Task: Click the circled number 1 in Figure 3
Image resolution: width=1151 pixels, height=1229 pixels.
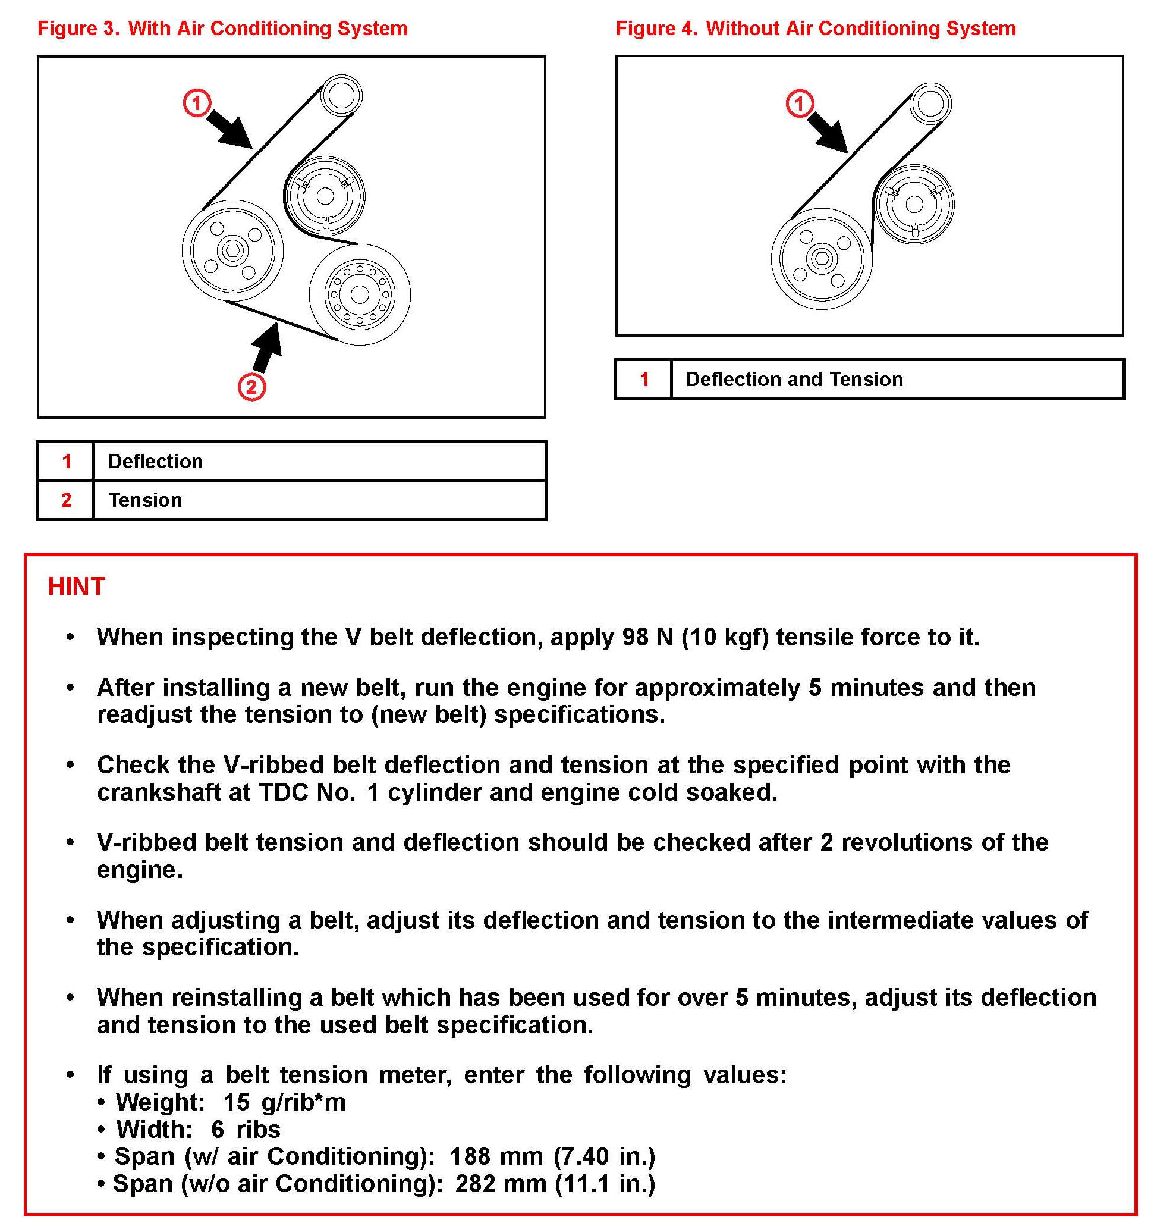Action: (197, 103)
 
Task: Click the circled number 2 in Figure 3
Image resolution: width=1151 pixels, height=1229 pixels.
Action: (251, 387)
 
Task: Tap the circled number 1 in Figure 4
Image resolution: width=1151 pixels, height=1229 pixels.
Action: (800, 104)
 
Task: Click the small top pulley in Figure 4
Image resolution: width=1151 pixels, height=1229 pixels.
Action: (930, 104)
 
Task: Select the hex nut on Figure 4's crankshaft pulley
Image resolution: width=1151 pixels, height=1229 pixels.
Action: (822, 259)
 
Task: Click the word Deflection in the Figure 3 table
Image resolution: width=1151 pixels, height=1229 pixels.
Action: (155, 461)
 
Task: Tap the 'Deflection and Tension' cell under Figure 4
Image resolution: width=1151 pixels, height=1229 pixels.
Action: (794, 379)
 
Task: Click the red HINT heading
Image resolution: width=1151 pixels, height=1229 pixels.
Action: (77, 586)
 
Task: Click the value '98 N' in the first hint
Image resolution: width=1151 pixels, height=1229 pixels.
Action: (647, 637)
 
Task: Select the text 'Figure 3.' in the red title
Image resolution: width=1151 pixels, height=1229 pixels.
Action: (78, 29)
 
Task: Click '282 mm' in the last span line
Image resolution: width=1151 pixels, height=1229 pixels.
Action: (501, 1183)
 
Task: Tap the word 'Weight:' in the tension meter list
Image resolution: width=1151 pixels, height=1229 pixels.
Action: (160, 1102)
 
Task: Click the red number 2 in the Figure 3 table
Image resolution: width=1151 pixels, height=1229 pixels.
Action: (66, 500)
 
